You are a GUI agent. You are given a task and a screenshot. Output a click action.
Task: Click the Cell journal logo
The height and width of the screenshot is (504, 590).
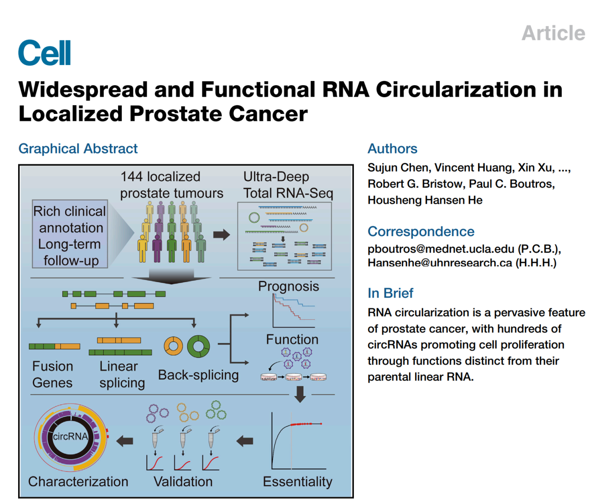click(45, 53)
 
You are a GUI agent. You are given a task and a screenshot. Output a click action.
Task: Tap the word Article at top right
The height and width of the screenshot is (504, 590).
click(553, 33)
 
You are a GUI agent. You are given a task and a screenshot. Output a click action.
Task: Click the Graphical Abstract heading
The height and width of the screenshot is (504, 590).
click(78, 148)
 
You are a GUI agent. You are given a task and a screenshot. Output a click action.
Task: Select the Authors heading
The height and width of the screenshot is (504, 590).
click(392, 148)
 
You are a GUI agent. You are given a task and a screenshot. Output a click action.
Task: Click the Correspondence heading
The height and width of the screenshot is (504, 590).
click(421, 231)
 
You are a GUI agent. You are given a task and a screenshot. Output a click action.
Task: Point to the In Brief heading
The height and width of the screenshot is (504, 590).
click(390, 293)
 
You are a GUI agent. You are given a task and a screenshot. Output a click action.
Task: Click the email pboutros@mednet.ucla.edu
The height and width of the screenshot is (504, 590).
click(441, 249)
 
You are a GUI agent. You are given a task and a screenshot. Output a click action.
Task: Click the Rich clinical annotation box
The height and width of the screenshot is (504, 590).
click(70, 234)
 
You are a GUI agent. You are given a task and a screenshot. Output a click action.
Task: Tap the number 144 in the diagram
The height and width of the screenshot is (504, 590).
click(132, 177)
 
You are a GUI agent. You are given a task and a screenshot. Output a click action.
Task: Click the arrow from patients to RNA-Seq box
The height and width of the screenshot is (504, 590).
click(221, 234)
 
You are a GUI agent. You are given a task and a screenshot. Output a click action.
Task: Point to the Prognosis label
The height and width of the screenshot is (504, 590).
click(288, 286)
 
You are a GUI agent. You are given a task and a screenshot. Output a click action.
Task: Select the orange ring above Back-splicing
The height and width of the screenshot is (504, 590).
click(173, 346)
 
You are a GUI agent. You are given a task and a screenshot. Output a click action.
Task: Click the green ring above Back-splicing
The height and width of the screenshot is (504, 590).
click(199, 346)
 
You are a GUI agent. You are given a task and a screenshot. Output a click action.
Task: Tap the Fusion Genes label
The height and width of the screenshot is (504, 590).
click(52, 374)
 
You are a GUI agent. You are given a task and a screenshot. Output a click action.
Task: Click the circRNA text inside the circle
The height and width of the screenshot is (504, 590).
click(70, 437)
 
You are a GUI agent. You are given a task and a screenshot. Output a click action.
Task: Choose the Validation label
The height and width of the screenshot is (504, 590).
click(183, 481)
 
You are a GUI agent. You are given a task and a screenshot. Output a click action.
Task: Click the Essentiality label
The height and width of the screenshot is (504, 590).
click(297, 481)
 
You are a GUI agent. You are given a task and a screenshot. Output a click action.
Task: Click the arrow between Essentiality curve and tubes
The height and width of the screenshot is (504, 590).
click(245, 441)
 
